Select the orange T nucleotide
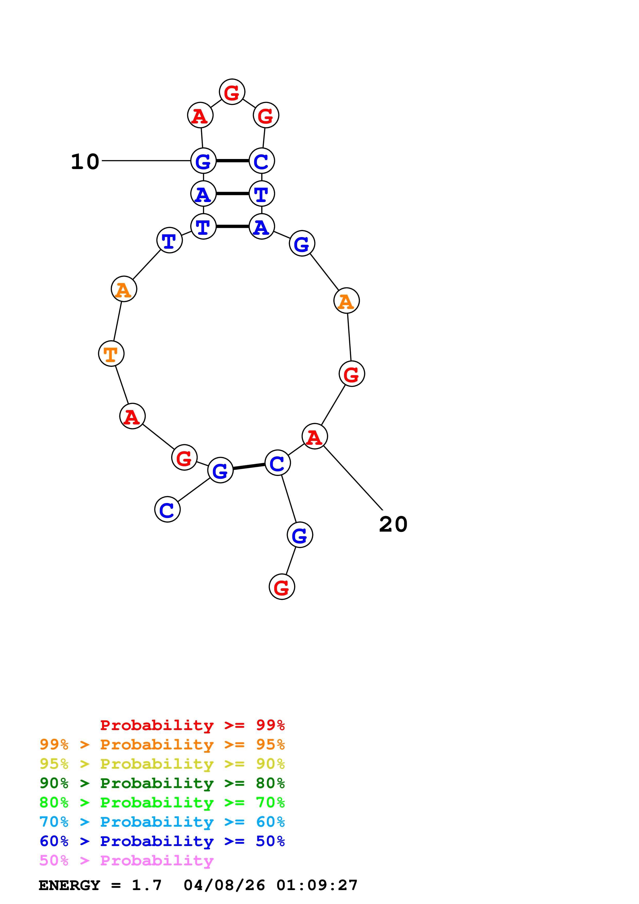point(111,354)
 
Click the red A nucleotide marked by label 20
point(314,437)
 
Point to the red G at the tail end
point(281,587)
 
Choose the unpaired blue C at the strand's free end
point(167,509)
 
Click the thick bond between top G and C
point(232,161)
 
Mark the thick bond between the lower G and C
point(249,467)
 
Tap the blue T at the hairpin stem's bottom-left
point(203,227)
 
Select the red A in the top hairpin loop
point(200,116)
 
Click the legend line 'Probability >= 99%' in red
point(192,725)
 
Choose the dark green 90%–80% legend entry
point(162,783)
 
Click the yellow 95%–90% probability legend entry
point(162,764)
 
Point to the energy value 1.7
point(146,885)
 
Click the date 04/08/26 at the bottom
point(224,885)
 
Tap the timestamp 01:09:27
point(317,885)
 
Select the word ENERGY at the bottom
point(69,885)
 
